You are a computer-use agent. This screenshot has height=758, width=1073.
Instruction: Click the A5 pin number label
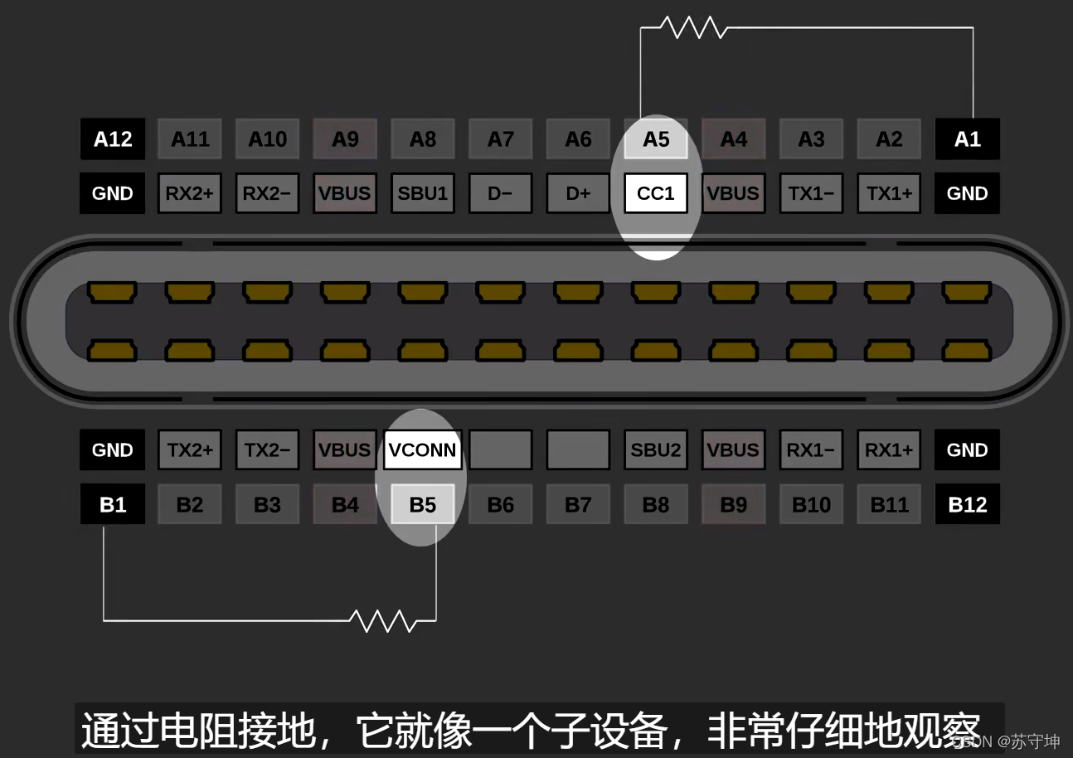[x=656, y=139]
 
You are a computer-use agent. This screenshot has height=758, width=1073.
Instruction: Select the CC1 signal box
[x=656, y=193]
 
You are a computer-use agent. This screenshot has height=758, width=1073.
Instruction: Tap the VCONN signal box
[x=422, y=449]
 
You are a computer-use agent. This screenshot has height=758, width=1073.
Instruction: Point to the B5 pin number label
[x=422, y=504]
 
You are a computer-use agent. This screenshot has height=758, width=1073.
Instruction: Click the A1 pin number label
[x=967, y=139]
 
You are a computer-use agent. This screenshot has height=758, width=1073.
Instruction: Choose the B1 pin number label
[x=112, y=504]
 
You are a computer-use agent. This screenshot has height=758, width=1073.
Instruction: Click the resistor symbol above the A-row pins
[x=694, y=28]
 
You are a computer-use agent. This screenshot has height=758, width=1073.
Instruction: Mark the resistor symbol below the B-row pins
[x=382, y=620]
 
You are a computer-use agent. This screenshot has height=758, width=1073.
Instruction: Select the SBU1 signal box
[x=422, y=193]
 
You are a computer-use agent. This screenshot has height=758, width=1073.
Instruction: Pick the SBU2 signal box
[x=656, y=449]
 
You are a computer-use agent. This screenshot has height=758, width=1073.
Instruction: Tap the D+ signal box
[x=578, y=193]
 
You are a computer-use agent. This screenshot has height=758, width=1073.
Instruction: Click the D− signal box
[x=500, y=193]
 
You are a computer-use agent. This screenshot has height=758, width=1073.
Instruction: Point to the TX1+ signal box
[x=889, y=193]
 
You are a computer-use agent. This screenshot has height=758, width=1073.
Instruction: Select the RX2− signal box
[x=267, y=193]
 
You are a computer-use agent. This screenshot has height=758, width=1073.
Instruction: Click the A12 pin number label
[x=112, y=139]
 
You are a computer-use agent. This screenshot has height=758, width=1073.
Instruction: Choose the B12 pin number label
[x=967, y=504]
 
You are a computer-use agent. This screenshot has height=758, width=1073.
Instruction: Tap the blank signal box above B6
[x=500, y=449]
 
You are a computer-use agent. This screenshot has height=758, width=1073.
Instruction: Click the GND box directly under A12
[x=112, y=193]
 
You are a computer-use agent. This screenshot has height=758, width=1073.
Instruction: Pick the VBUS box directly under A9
[x=345, y=193]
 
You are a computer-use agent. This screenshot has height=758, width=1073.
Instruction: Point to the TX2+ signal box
[x=190, y=449]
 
